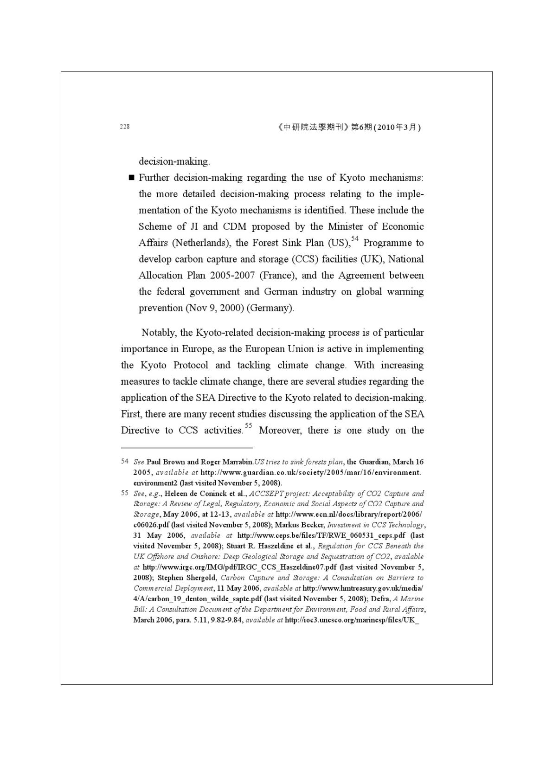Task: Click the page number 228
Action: tap(125, 127)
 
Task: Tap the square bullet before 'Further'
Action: tap(131, 178)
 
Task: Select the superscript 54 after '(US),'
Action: tap(355, 238)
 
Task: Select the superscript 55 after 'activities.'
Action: tap(249, 425)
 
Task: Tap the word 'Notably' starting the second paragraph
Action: tap(159, 333)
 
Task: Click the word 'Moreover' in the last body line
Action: tap(280, 430)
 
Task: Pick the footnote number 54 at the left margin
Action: tap(124, 462)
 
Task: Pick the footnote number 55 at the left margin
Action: tap(124, 493)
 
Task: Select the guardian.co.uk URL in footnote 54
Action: tap(311, 472)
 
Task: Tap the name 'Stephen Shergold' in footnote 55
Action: tap(187, 578)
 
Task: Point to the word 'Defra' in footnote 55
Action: tap(380, 598)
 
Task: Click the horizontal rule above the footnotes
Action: tap(187, 448)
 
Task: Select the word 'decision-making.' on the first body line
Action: tap(174, 161)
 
